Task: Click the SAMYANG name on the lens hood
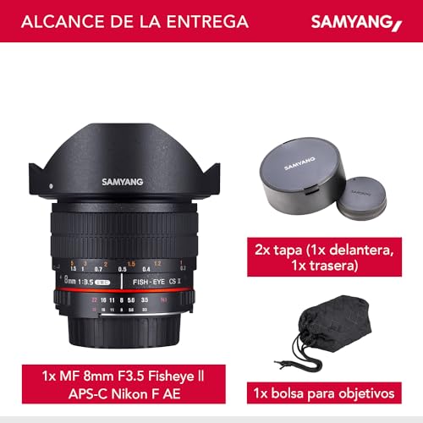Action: (x=123, y=180)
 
